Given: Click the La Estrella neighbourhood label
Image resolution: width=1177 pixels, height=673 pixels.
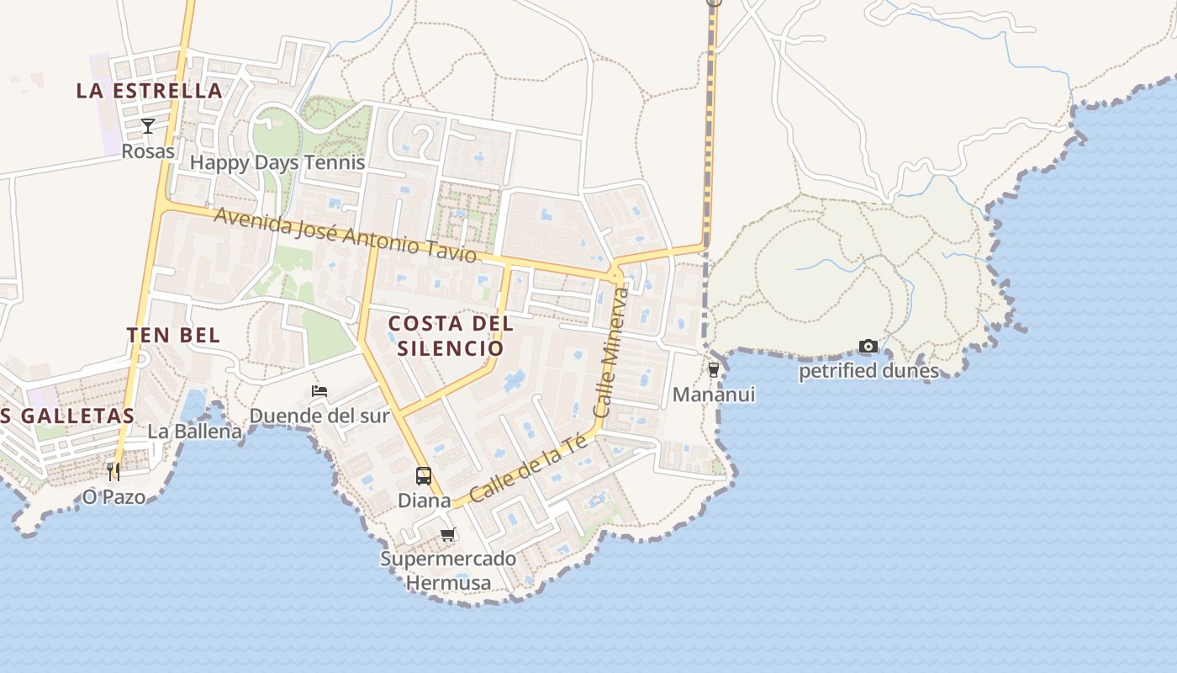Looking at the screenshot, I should pos(150,91).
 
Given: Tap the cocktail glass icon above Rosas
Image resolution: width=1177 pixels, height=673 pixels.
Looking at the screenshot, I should pos(148,126).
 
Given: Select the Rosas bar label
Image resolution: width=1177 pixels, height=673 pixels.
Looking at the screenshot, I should pos(148,151).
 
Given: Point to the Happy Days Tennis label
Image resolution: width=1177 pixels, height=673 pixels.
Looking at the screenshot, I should pos(277,162).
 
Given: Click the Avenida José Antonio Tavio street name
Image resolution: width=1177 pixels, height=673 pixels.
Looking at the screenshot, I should pos(346,236).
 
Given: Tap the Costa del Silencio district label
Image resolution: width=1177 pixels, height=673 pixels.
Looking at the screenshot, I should pos(451,336).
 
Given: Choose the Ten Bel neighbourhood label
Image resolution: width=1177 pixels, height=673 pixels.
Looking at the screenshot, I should pos(174,335).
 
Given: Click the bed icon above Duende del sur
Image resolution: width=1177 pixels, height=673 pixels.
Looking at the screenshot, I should pos(319,391).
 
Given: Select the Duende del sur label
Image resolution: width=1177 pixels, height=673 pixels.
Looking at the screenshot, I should pos(319,416).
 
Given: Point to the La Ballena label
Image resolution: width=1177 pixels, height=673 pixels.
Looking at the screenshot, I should pos(195,432).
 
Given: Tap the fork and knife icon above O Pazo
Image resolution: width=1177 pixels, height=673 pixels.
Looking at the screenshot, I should pos(113,471).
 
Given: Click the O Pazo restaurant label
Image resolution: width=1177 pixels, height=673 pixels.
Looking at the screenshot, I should pos(113,496).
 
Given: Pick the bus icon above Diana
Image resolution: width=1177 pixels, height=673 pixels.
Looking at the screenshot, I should pos(424,475).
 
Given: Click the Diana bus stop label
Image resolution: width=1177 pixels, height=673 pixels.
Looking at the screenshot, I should pos(424,501).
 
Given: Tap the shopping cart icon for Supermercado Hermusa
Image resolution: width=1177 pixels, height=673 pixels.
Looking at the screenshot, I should pos(448,534).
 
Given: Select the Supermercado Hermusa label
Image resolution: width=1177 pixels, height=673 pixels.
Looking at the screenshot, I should pos(448,570).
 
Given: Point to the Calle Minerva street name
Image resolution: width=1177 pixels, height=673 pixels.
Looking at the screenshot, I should pos(611,353).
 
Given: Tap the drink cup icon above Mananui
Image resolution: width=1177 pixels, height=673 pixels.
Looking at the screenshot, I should pos(714,370).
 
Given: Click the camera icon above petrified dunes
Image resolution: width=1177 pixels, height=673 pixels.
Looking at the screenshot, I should pos(868,347).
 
